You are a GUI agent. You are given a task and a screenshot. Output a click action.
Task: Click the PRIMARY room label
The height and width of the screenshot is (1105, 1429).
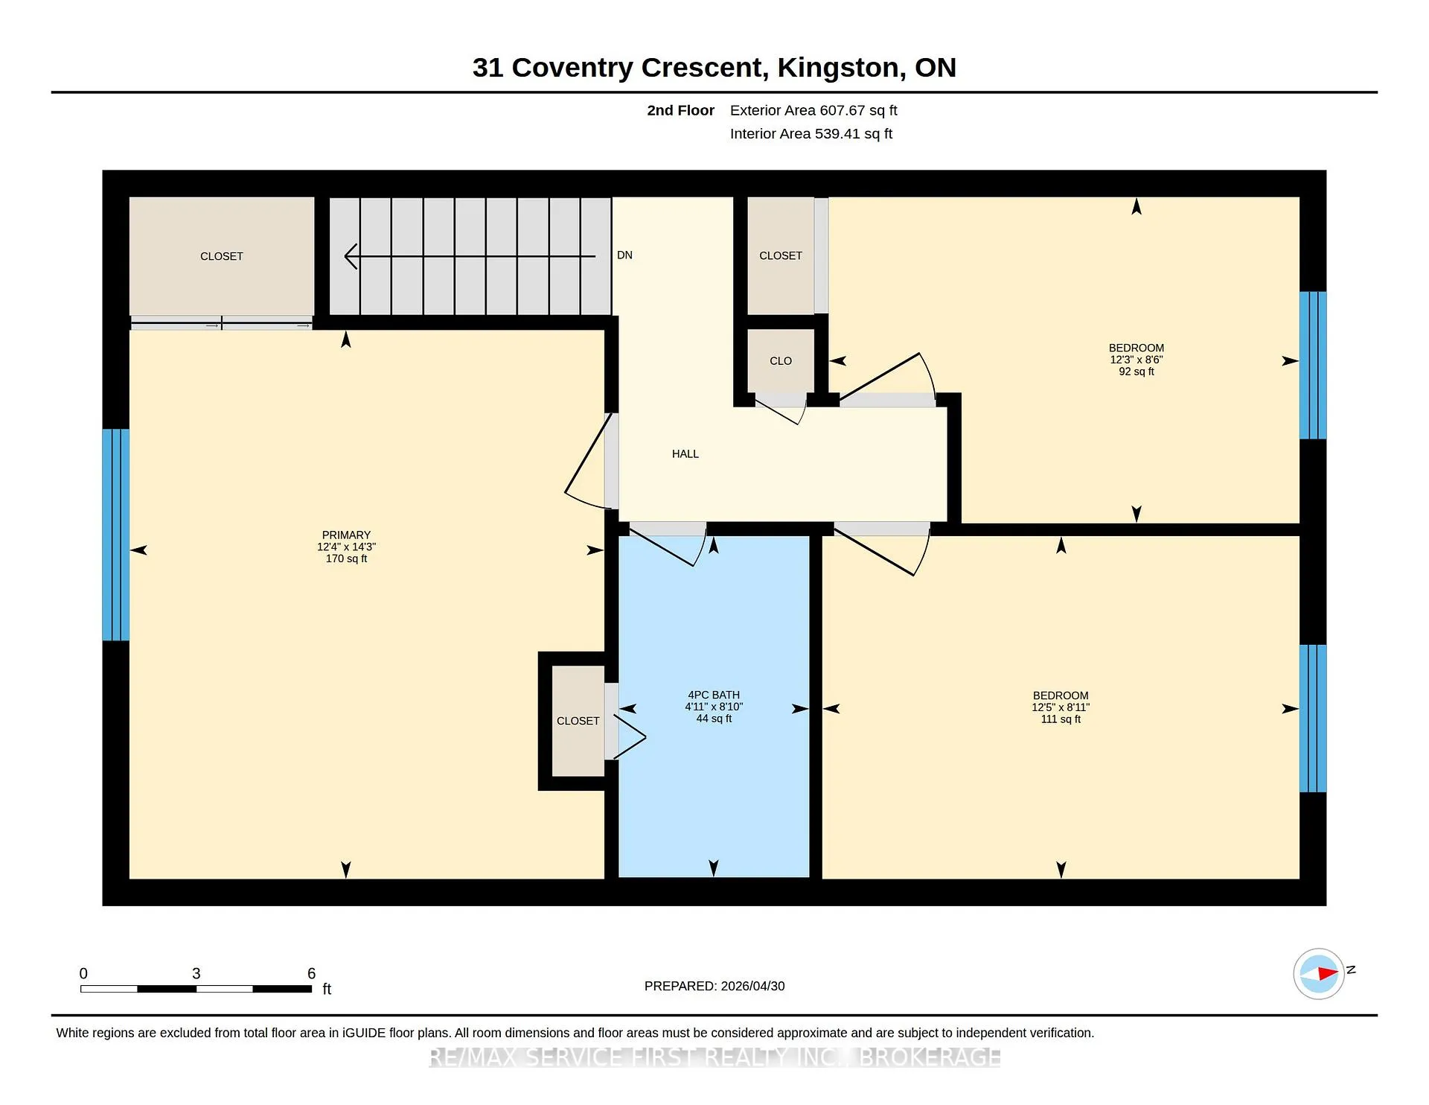[x=346, y=535]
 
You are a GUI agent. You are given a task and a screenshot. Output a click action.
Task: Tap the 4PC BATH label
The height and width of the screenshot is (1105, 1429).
[x=714, y=695]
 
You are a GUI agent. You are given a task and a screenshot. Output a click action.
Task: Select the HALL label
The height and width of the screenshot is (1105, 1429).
[x=685, y=453]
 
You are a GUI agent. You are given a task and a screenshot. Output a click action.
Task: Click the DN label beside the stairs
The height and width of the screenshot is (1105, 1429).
[x=624, y=255]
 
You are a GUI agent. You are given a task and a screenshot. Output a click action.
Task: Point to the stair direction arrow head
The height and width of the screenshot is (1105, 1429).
[x=351, y=256]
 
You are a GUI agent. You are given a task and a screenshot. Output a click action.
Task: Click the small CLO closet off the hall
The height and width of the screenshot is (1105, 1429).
[x=781, y=360]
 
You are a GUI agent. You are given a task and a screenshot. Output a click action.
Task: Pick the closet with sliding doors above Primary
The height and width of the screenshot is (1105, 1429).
[x=222, y=256]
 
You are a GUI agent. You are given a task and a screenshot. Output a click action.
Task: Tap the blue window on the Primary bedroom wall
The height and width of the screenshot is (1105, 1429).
[x=116, y=535]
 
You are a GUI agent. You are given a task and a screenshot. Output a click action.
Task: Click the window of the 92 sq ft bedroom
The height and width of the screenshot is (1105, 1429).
[x=1313, y=365]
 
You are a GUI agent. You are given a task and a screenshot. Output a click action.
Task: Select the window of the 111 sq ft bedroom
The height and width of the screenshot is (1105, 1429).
[x=1313, y=718]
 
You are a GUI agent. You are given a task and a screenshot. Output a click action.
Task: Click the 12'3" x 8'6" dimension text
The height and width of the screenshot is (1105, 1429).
[x=1137, y=360]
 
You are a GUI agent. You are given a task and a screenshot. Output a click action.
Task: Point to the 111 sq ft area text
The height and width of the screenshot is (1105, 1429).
[x=1061, y=719]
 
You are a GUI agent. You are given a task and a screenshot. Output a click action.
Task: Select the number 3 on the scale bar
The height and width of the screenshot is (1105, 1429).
[x=196, y=973]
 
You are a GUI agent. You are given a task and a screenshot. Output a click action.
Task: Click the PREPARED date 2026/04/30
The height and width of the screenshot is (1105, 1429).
[x=752, y=986]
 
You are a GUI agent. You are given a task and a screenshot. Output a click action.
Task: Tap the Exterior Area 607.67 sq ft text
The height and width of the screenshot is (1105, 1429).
[x=813, y=110]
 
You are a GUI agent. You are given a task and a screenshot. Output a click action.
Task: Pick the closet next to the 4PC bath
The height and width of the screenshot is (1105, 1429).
[x=578, y=721]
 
